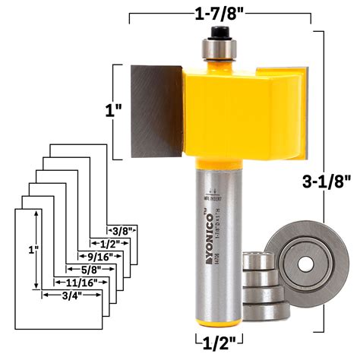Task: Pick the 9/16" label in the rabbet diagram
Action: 97,256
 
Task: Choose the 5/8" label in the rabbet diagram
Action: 90,268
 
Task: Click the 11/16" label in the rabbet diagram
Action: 76,282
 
